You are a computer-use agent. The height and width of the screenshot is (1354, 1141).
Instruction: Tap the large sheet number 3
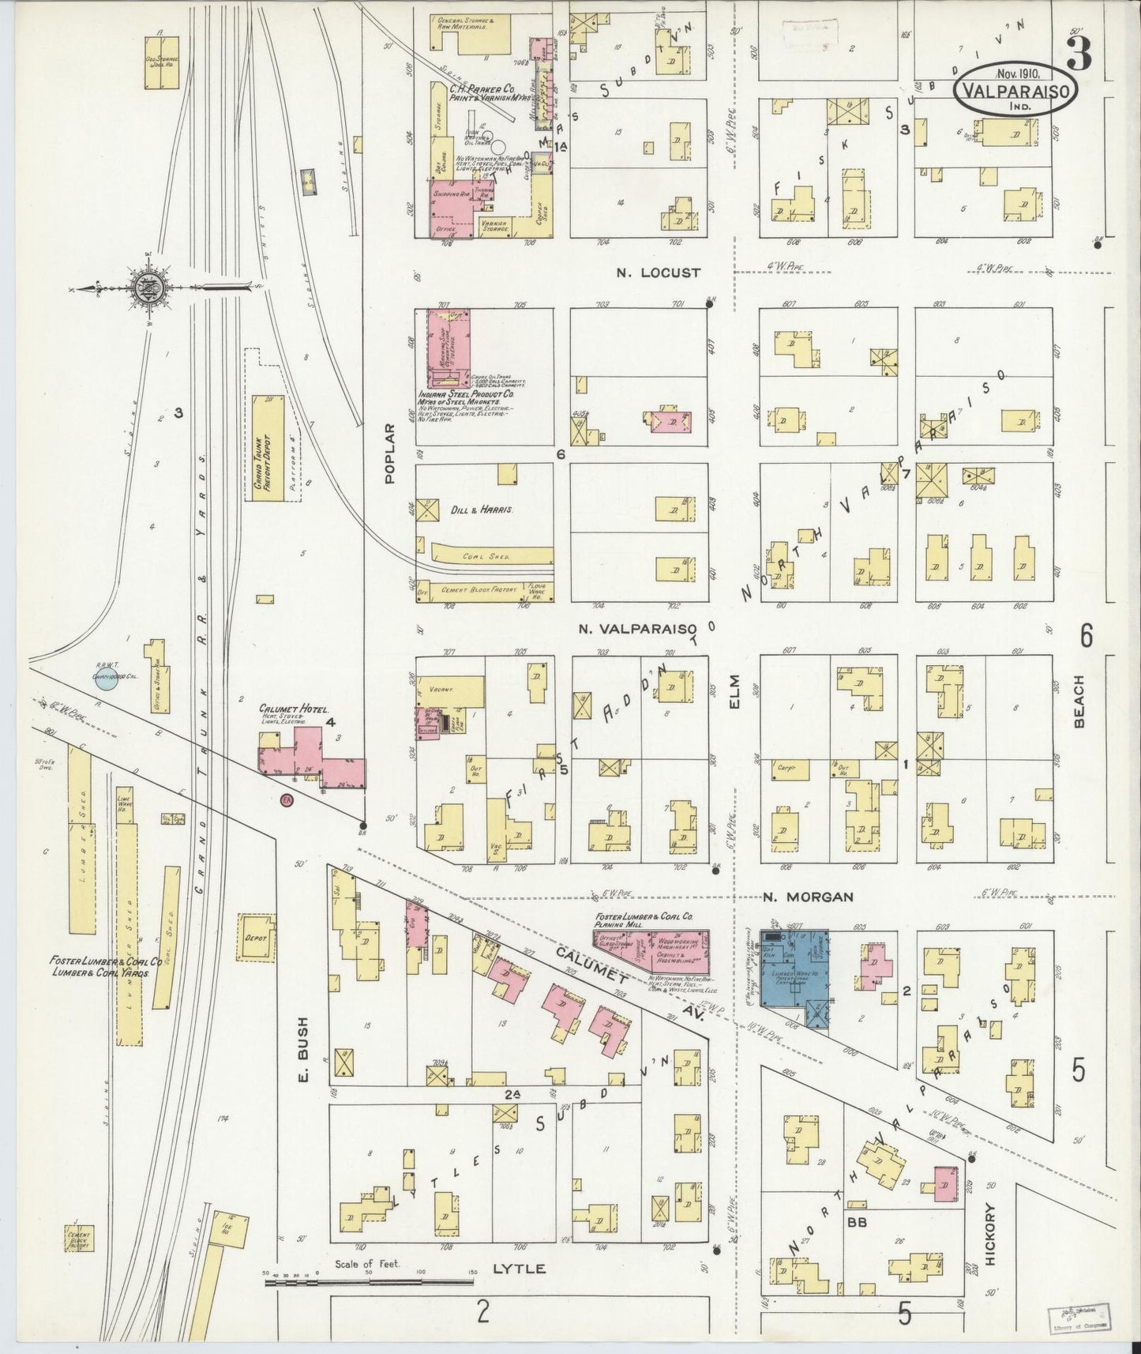point(1079,54)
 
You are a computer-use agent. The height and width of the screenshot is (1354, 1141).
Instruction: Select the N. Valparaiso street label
point(640,629)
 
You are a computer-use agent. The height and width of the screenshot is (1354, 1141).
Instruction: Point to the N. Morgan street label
point(808,897)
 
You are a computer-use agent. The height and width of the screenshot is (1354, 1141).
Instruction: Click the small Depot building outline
point(257,938)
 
